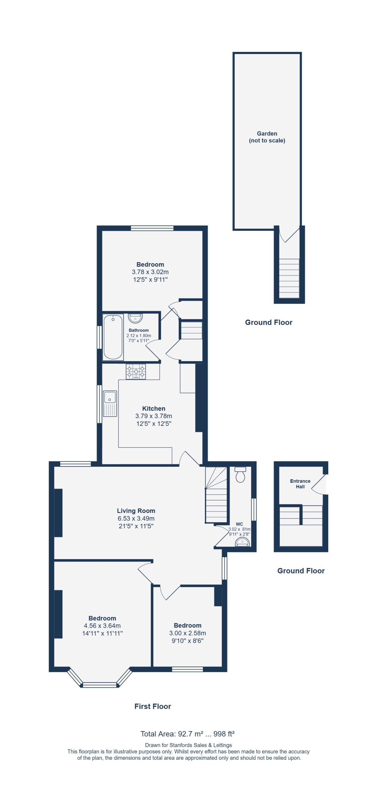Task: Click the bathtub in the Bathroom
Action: pyautogui.click(x=113, y=337)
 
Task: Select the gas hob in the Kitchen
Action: pyautogui.click(x=136, y=372)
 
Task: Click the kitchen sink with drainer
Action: pyautogui.click(x=110, y=403)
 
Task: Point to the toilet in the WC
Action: pyautogui.click(x=240, y=475)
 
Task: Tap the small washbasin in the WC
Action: pyautogui.click(x=242, y=542)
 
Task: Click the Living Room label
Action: pyautogui.click(x=136, y=511)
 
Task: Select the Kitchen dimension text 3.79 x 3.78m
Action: pyautogui.click(x=153, y=416)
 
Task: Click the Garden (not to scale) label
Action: pyautogui.click(x=267, y=137)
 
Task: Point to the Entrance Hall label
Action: pyautogui.click(x=300, y=484)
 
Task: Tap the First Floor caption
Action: pyautogui.click(x=153, y=706)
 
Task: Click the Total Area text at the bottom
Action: pyautogui.click(x=188, y=734)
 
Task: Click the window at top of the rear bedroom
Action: pyautogui.click(x=152, y=228)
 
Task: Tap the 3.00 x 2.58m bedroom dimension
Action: pyautogui.click(x=188, y=633)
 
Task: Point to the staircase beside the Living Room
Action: pyautogui.click(x=216, y=495)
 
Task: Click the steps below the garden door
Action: pyautogui.click(x=289, y=278)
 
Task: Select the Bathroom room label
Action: pyautogui.click(x=139, y=330)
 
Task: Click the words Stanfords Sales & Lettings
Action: pyautogui.click(x=201, y=745)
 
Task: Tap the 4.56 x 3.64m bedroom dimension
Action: pyautogui.click(x=102, y=626)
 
